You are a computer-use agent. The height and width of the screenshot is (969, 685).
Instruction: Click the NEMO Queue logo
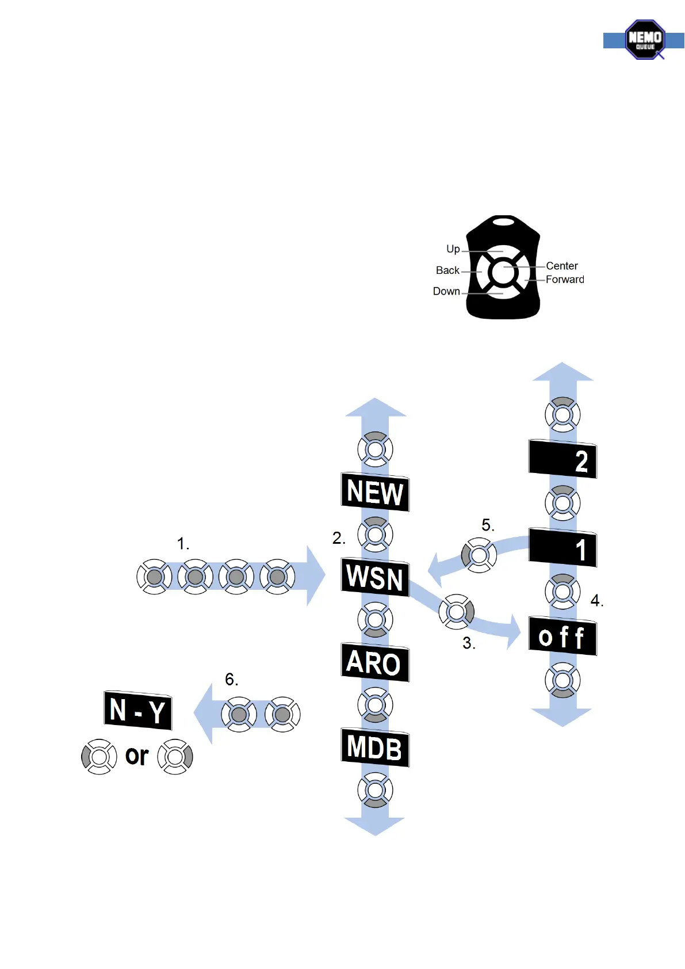coord(645,40)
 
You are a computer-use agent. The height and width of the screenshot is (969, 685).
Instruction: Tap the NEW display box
coord(375,492)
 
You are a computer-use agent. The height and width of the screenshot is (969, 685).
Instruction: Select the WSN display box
coord(375,577)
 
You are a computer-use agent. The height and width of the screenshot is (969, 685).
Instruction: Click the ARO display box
coord(375,662)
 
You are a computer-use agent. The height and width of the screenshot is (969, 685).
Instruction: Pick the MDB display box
coord(375,747)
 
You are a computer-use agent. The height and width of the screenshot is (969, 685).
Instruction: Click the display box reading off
coord(562,636)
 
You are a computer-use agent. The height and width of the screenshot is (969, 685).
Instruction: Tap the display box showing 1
coord(562,548)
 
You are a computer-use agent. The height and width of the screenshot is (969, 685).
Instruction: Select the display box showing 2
coord(562,460)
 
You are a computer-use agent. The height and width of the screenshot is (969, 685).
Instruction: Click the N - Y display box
coord(138,710)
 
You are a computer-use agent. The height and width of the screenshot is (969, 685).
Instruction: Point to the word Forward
coord(565,280)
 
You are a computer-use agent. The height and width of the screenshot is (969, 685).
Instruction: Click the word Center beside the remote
coord(562,266)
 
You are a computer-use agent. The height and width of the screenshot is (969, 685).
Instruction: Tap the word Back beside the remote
coord(447,270)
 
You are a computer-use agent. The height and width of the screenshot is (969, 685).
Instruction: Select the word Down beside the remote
coord(446,291)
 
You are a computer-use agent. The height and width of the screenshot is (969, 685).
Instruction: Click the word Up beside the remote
coord(453,249)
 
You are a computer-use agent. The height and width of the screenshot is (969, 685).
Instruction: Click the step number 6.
coord(231,680)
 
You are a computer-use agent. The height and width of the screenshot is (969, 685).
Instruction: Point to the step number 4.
coord(596,601)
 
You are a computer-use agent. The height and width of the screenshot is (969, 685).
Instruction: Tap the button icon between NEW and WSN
coord(375,534)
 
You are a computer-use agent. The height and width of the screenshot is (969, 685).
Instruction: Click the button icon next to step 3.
coord(457,612)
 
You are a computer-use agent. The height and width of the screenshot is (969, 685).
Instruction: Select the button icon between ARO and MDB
coord(375,705)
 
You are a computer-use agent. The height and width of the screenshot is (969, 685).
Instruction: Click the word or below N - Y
coord(137,756)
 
